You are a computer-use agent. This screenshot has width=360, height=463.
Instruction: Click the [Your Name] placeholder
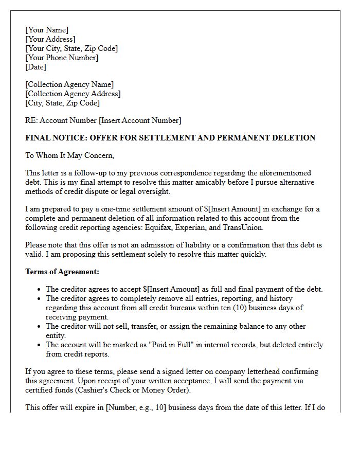click(x=47, y=30)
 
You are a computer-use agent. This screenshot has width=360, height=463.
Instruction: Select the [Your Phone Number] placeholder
click(x=62, y=58)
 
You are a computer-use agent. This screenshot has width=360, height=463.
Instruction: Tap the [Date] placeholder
click(x=35, y=67)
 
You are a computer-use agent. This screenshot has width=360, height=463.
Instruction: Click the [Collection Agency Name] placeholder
click(x=69, y=84)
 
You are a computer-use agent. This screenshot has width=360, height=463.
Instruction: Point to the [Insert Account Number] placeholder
click(x=140, y=120)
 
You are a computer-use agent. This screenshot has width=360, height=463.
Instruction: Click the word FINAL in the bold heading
click(x=38, y=138)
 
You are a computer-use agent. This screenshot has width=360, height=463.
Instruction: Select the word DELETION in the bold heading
click(x=293, y=138)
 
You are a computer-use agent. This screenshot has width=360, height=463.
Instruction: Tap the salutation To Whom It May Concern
click(x=69, y=155)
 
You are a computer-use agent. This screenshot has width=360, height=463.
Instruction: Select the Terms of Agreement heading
click(x=62, y=272)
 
